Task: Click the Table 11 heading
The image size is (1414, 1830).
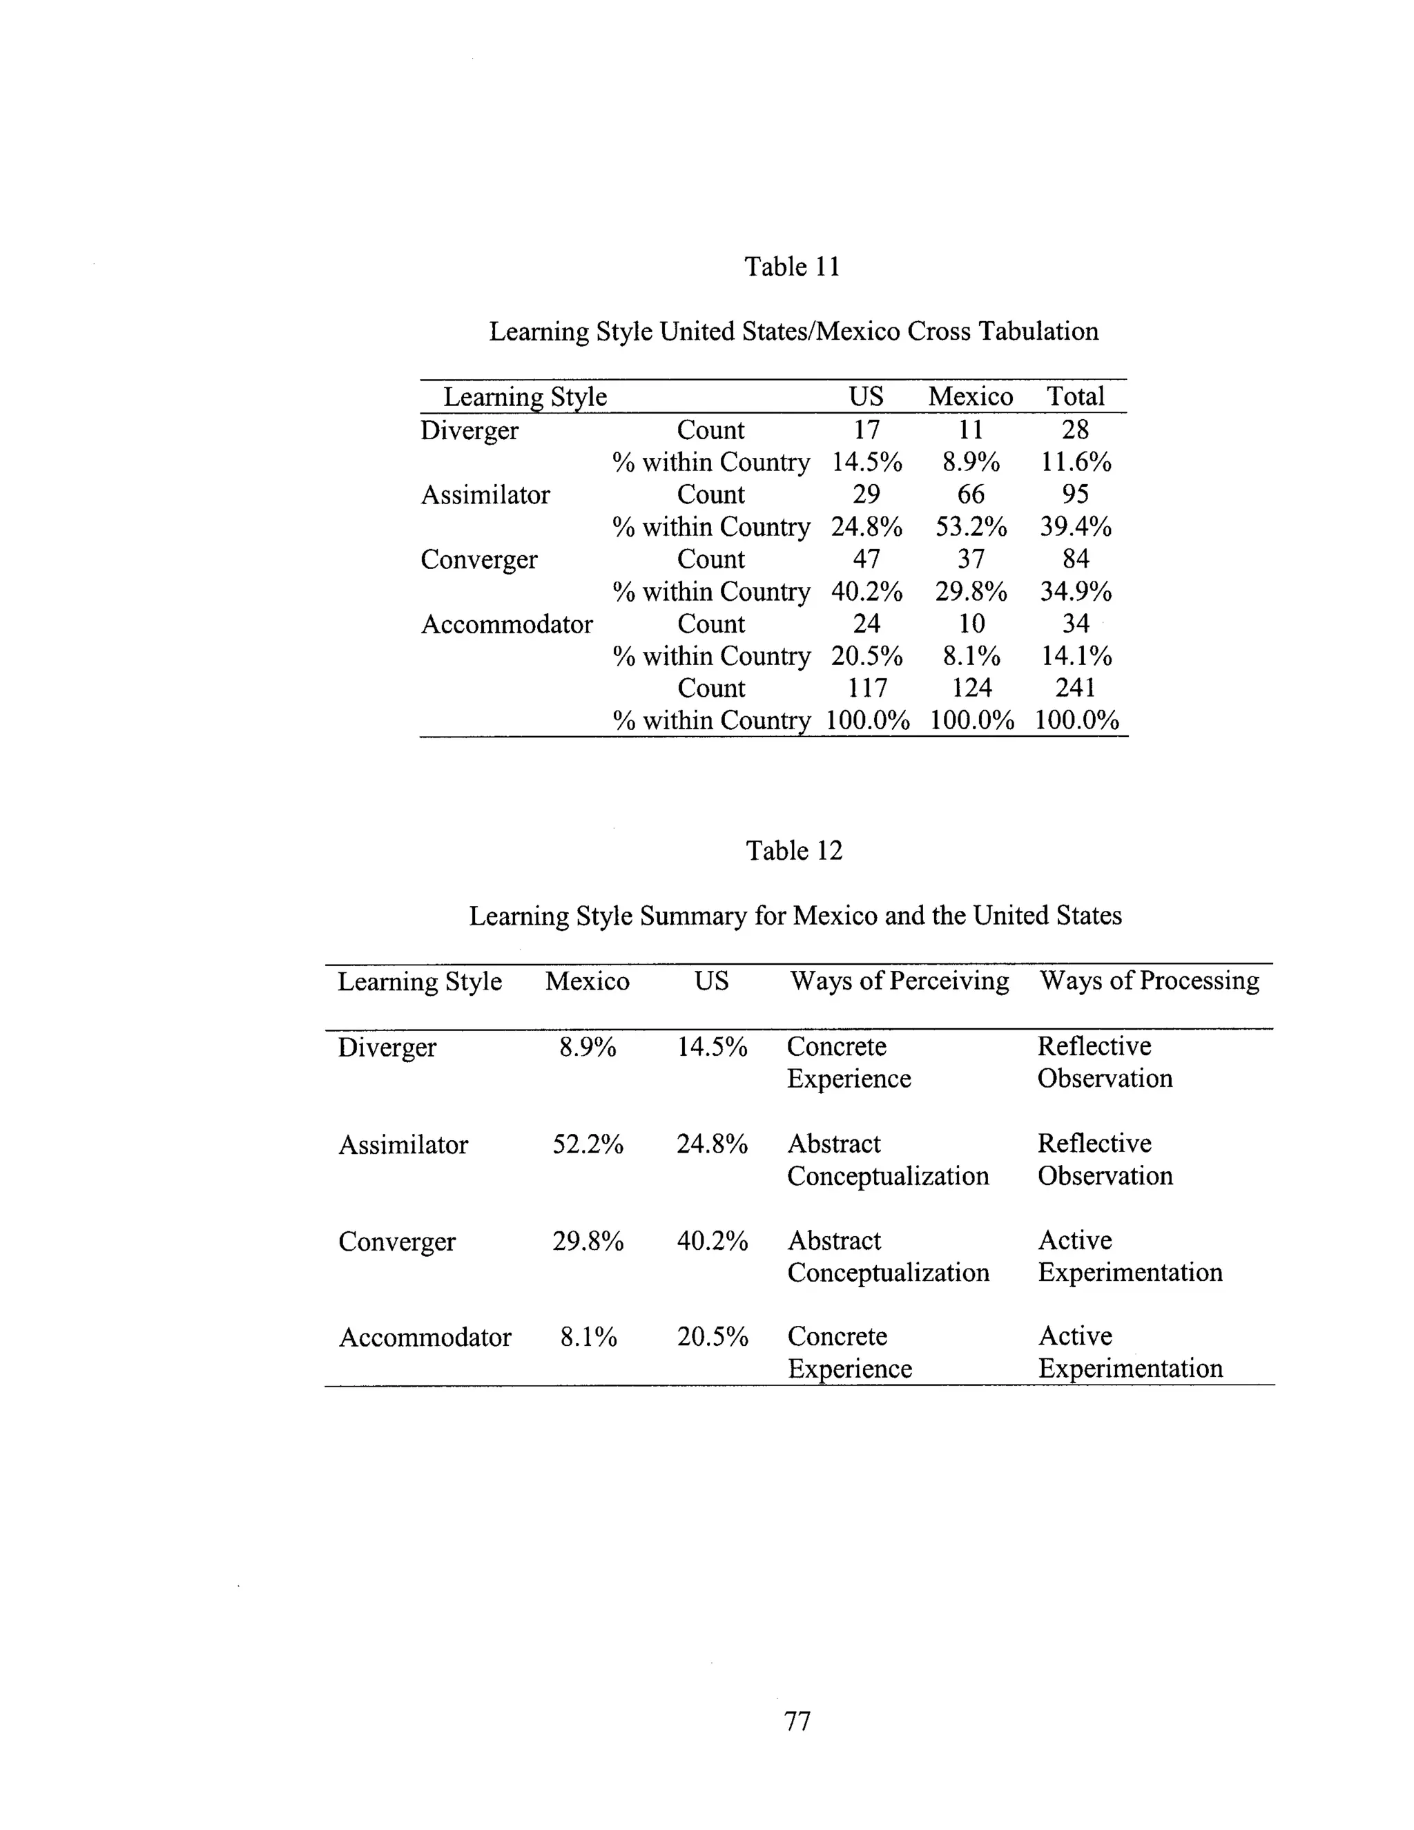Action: pyautogui.click(x=792, y=267)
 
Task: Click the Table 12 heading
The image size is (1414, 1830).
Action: pyautogui.click(x=793, y=851)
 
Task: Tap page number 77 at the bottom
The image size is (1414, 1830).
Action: pyautogui.click(x=797, y=1720)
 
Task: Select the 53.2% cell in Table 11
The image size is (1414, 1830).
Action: pyautogui.click(x=971, y=527)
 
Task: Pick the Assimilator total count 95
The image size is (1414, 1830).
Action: pyautogui.click(x=1075, y=494)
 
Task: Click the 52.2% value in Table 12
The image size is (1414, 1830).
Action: pyautogui.click(x=588, y=1144)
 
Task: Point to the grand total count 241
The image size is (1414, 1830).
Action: pyautogui.click(x=1075, y=688)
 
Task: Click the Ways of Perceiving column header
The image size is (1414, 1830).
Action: pyautogui.click(x=899, y=981)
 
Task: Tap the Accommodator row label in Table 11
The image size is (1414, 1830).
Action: pyautogui.click(x=506, y=624)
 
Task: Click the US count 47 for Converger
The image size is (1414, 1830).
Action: pyautogui.click(x=866, y=559)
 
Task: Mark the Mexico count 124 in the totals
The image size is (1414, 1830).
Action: pyautogui.click(x=971, y=688)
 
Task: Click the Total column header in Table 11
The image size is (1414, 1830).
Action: pyautogui.click(x=1075, y=396)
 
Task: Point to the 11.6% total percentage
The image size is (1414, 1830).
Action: pyautogui.click(x=1075, y=463)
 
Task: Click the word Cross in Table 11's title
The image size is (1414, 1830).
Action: pyautogui.click(x=939, y=331)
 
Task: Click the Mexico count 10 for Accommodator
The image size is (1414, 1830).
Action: pyautogui.click(x=971, y=624)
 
